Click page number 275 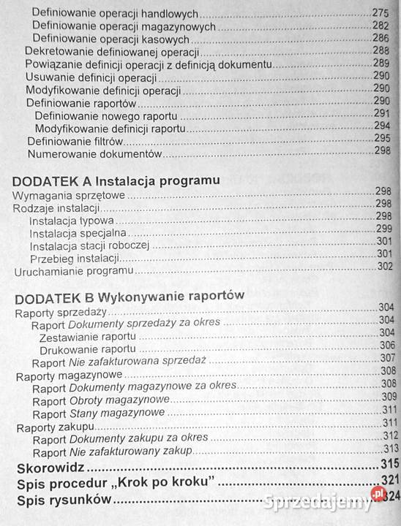coord(381,13)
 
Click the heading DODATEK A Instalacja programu coord(117,179)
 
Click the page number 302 coord(385,266)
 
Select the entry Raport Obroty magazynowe coord(101,400)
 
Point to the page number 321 coord(389,481)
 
